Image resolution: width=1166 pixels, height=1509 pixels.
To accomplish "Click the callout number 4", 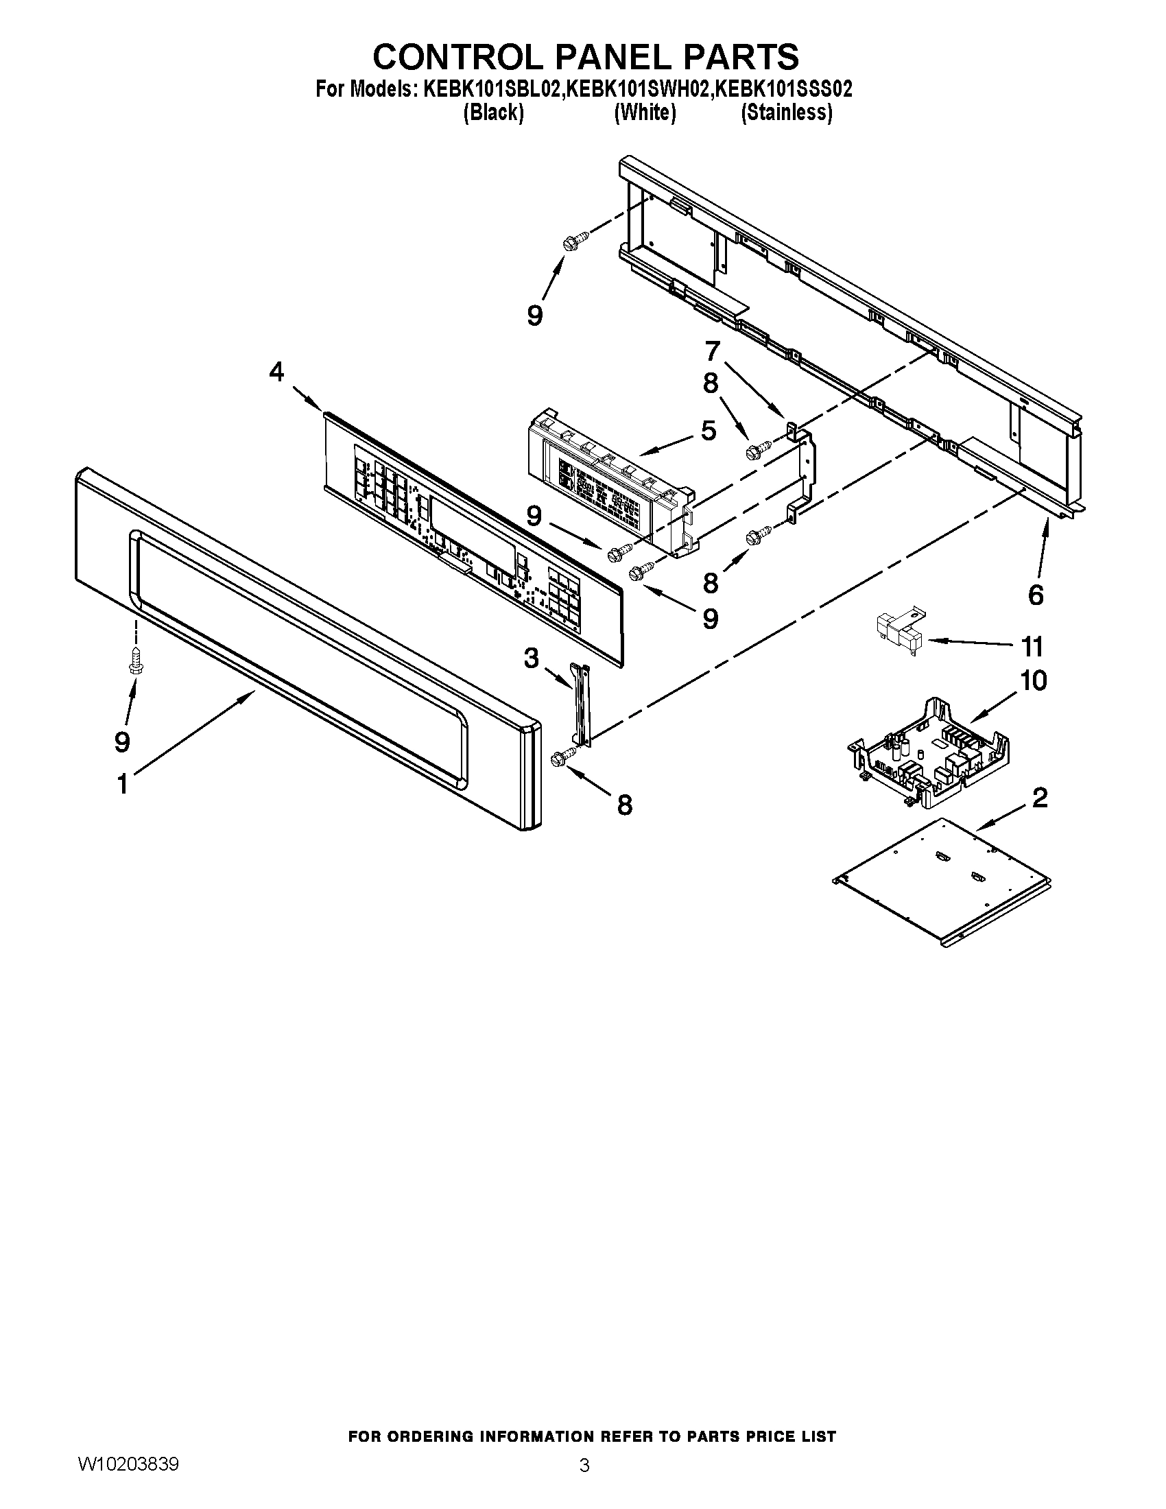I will coord(276,373).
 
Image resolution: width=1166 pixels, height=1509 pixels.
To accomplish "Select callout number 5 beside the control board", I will coord(709,431).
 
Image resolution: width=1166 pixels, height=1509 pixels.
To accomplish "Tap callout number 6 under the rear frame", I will coord(1036,595).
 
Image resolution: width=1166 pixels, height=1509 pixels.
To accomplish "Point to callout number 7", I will coord(712,351).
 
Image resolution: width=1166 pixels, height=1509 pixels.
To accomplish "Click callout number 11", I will coord(1032,647).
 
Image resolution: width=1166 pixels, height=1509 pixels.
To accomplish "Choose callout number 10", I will coord(1034,680).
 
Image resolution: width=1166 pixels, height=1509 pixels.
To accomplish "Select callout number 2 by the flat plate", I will coord(1040,798).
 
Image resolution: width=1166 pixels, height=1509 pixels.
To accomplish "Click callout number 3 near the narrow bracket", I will coord(530,658).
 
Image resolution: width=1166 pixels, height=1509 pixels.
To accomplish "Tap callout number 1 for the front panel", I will coord(122,785).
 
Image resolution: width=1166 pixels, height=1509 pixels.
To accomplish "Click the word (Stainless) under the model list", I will coord(786,112).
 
